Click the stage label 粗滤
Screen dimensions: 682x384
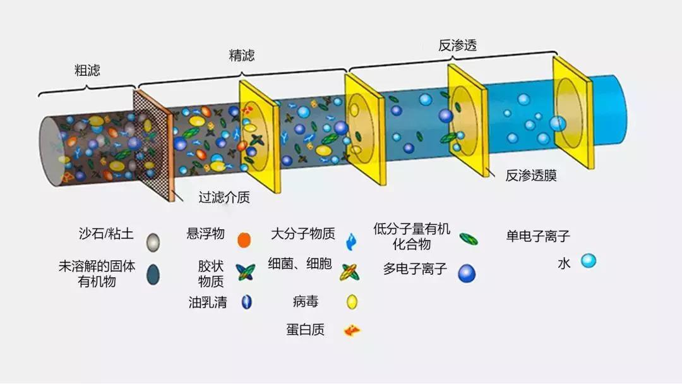(x=87, y=70)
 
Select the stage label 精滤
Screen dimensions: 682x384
(x=242, y=55)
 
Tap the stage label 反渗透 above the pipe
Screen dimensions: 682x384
(x=457, y=45)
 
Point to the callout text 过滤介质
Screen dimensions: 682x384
(x=224, y=198)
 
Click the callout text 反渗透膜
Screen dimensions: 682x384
(x=530, y=175)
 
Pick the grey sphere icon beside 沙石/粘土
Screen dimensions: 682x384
(x=153, y=243)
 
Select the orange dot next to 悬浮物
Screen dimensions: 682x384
(x=244, y=240)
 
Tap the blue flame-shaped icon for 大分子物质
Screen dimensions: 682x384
(x=351, y=242)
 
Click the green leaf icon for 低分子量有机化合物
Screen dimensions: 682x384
(x=469, y=239)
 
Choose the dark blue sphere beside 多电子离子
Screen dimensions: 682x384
(x=467, y=273)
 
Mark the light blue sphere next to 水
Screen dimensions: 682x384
(x=589, y=261)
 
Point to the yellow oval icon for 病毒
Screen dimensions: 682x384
(x=352, y=302)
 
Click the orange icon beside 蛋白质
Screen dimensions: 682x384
(x=352, y=330)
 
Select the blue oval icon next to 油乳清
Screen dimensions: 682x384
(x=247, y=302)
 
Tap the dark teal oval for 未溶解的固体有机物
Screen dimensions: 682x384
(x=153, y=274)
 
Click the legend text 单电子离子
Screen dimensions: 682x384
(x=537, y=236)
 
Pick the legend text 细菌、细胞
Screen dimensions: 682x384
(x=300, y=263)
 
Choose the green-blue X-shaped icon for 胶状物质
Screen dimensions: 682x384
(x=245, y=272)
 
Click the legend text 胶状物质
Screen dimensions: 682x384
(x=211, y=273)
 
